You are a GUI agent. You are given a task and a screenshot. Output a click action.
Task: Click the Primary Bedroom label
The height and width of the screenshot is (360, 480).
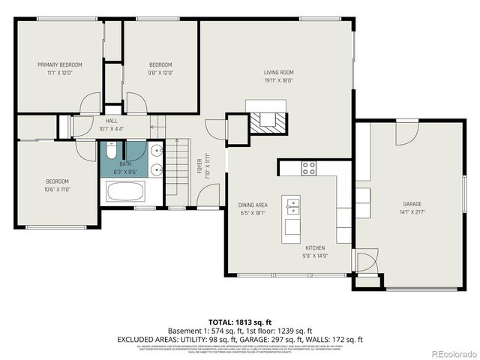60,65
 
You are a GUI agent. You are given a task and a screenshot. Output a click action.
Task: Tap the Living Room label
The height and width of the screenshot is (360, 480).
277,73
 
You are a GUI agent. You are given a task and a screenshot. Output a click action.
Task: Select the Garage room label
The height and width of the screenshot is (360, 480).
412,204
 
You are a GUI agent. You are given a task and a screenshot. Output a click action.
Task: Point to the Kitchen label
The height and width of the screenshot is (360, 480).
314,247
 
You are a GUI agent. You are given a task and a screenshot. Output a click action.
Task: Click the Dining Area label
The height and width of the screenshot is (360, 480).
253,205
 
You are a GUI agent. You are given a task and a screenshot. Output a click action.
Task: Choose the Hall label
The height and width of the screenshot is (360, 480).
111,120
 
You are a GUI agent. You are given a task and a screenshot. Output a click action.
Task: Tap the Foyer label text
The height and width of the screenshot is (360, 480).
199,163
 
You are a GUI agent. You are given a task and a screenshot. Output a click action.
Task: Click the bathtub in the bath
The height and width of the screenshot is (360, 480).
130,191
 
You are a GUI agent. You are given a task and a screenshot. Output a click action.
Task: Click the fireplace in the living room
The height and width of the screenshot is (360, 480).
268,121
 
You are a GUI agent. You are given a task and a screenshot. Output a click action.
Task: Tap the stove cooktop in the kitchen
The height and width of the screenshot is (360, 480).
308,168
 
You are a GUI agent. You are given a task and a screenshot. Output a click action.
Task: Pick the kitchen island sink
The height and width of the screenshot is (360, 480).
291,205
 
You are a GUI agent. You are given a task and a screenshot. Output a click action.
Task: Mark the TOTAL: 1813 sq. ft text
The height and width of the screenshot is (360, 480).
239,321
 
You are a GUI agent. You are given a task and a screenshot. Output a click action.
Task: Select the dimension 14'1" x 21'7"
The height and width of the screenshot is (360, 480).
412,213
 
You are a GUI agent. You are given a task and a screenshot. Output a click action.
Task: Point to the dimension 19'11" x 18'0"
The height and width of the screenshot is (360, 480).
277,81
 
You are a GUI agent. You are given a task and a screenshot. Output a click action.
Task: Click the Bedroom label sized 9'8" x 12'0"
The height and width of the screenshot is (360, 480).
160,65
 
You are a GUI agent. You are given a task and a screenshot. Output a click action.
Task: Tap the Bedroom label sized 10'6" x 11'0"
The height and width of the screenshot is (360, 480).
57,181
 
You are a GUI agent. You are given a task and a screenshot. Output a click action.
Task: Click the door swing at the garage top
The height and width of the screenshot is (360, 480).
407,131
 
